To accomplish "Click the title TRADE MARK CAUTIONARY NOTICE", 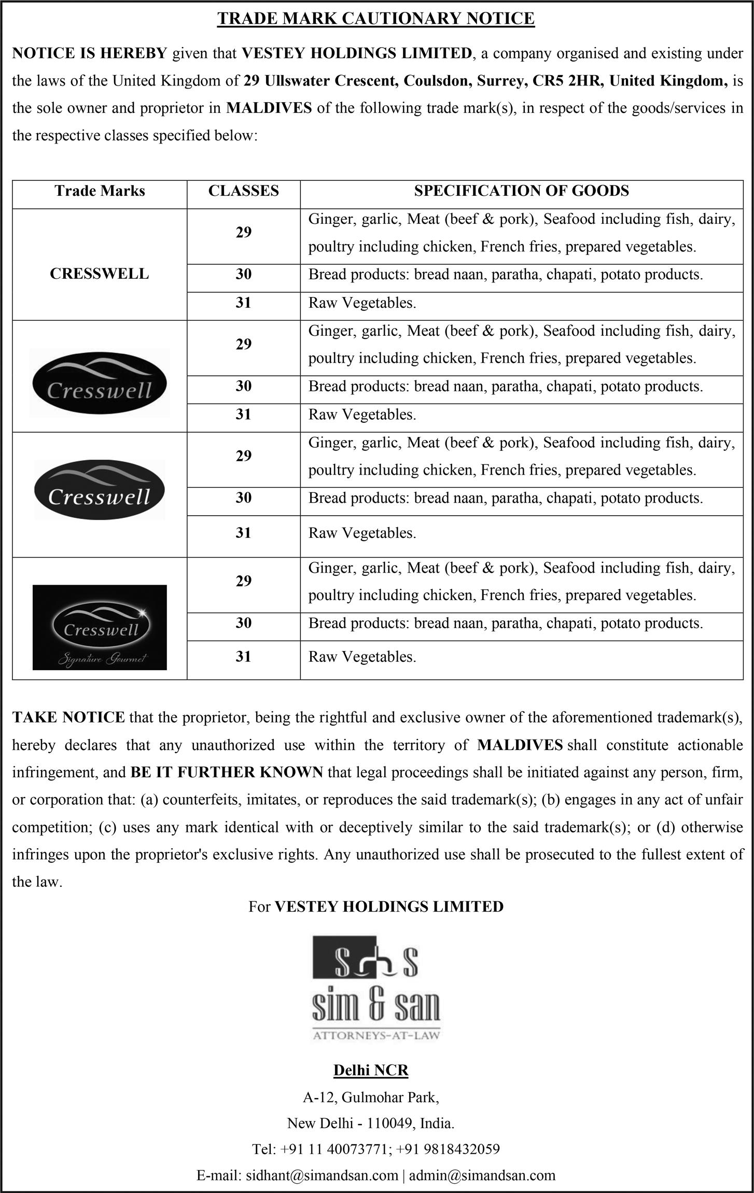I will coord(376,19).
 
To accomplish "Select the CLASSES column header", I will coord(243,191).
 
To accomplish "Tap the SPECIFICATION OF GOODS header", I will coord(521,191).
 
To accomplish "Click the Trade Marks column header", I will coord(100,191).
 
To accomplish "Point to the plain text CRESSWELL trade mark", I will coord(99,274).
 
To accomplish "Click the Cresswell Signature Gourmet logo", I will coord(100,627).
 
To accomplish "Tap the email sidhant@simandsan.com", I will coord(297,1175).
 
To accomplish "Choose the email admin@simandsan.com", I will coord(482,1175).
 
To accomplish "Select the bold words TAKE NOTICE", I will coord(68,717).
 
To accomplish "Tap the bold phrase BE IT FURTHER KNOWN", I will coord(227,772).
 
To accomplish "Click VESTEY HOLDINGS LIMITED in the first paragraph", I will coord(357,53).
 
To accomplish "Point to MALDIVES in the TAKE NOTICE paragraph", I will coord(520,745).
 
